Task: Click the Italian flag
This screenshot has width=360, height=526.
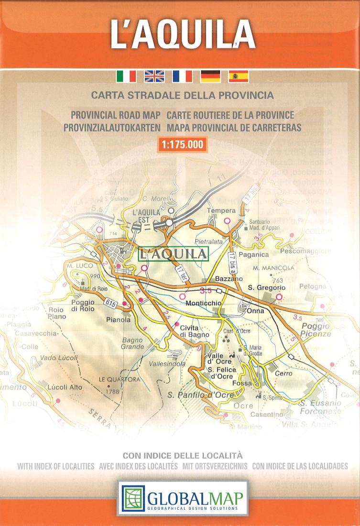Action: (126, 76)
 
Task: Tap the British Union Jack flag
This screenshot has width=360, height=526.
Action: (154, 76)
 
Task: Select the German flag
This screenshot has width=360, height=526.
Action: (210, 76)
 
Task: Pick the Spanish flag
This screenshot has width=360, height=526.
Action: (239, 76)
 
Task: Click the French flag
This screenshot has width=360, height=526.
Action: (182, 76)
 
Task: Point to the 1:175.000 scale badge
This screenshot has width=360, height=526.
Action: (182, 144)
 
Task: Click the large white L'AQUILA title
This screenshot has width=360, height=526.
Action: (182, 34)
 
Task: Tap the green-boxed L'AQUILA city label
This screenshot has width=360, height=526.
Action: (174, 253)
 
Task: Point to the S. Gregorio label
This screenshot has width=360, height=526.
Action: (266, 287)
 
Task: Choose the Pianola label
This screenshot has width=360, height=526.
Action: (119, 320)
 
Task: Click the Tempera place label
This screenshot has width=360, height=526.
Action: (221, 210)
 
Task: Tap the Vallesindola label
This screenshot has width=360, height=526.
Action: (167, 364)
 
